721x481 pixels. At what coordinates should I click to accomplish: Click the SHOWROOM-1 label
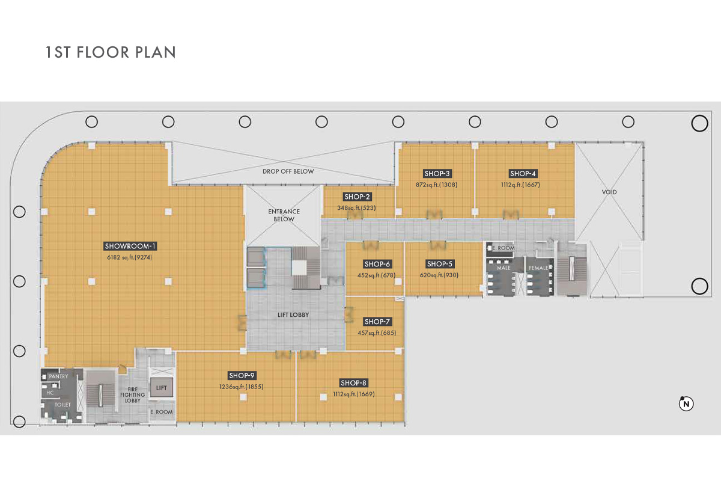click(x=130, y=246)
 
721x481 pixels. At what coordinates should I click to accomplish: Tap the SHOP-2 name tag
click(x=357, y=197)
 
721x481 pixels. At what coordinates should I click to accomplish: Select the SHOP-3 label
click(x=437, y=173)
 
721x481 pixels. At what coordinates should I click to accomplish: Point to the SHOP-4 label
click(x=523, y=173)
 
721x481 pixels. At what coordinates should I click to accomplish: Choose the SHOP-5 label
click(x=439, y=264)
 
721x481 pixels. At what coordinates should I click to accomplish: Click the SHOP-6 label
click(x=377, y=264)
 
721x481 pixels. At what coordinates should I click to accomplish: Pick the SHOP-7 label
click(x=377, y=322)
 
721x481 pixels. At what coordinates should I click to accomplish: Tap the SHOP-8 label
click(x=353, y=383)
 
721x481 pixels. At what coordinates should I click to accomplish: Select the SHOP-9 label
click(x=242, y=375)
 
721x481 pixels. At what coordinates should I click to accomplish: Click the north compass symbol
click(x=686, y=403)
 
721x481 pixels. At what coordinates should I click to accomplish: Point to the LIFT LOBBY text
click(x=293, y=315)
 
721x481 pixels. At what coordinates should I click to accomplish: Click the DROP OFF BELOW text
click(x=288, y=171)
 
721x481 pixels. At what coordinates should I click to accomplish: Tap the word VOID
click(x=609, y=192)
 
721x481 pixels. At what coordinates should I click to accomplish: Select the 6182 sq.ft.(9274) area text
click(x=129, y=257)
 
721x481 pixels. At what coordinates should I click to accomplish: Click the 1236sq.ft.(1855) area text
click(x=242, y=387)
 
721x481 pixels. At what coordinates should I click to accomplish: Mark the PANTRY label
click(x=59, y=376)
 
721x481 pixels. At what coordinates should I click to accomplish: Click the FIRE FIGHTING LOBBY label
click(x=133, y=395)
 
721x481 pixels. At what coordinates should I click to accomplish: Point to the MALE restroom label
click(x=503, y=268)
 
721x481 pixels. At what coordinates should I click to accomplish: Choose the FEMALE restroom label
click(x=538, y=268)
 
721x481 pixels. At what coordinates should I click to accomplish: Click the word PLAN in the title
click(x=156, y=52)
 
